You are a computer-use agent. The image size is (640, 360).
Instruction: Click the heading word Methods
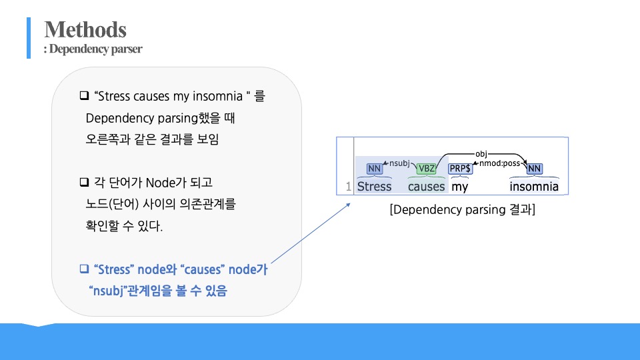click(x=85, y=29)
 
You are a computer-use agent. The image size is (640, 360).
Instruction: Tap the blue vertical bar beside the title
click(x=29, y=38)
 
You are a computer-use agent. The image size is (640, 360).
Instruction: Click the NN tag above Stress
click(x=375, y=169)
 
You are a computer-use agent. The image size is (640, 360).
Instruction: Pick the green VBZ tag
click(x=426, y=169)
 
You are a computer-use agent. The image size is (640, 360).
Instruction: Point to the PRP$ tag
click(x=460, y=169)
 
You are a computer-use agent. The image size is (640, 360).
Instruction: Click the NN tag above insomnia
click(x=534, y=169)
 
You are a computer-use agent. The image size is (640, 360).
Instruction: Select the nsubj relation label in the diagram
click(x=399, y=162)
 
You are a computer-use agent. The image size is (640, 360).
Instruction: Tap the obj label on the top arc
click(x=481, y=154)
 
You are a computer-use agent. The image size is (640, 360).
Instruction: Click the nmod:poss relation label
click(x=499, y=162)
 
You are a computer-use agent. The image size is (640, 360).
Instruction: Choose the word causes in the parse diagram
click(x=426, y=187)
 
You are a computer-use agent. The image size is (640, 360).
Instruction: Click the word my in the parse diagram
click(x=460, y=187)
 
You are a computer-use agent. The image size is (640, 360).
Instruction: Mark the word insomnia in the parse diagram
click(x=534, y=187)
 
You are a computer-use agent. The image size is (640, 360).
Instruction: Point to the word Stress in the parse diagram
click(x=375, y=187)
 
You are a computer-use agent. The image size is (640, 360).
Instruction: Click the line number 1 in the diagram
click(x=348, y=187)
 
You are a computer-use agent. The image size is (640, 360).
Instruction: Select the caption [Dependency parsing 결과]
click(x=463, y=210)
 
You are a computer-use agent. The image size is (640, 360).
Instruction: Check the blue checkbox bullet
click(x=84, y=269)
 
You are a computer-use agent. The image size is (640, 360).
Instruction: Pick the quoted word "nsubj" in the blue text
click(x=108, y=291)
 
